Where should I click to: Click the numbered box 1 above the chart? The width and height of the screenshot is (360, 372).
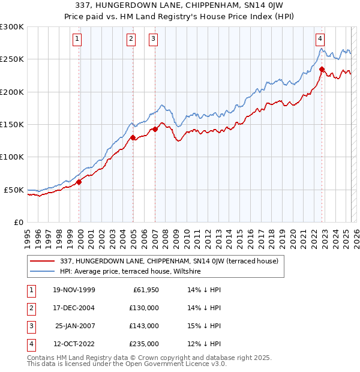79,40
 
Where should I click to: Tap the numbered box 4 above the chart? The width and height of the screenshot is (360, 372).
320,40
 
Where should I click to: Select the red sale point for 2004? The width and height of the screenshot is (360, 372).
133,137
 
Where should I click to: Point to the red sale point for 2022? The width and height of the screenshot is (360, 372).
322,69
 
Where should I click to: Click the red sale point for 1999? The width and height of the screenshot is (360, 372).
79,182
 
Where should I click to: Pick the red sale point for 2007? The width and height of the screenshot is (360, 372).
155,129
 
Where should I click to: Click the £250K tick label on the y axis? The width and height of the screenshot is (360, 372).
12,59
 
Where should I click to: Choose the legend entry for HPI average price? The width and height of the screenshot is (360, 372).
130,271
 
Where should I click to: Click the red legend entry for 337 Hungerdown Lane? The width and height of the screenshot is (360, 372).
169,261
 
